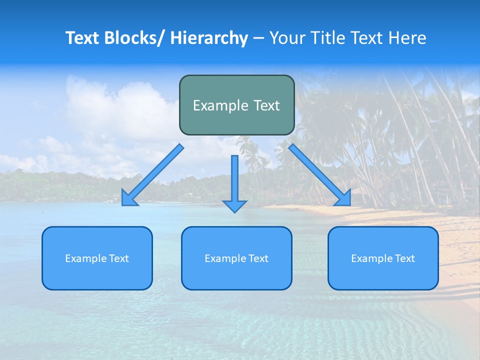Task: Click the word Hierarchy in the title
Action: pyautogui.click(x=209, y=38)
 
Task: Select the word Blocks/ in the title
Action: pyautogui.click(x=135, y=38)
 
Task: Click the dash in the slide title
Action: pyautogui.click(x=258, y=38)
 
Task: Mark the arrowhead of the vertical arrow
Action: pyautogui.click(x=234, y=206)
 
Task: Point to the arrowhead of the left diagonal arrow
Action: pyautogui.click(x=128, y=199)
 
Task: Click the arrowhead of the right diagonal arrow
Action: pyautogui.click(x=343, y=198)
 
